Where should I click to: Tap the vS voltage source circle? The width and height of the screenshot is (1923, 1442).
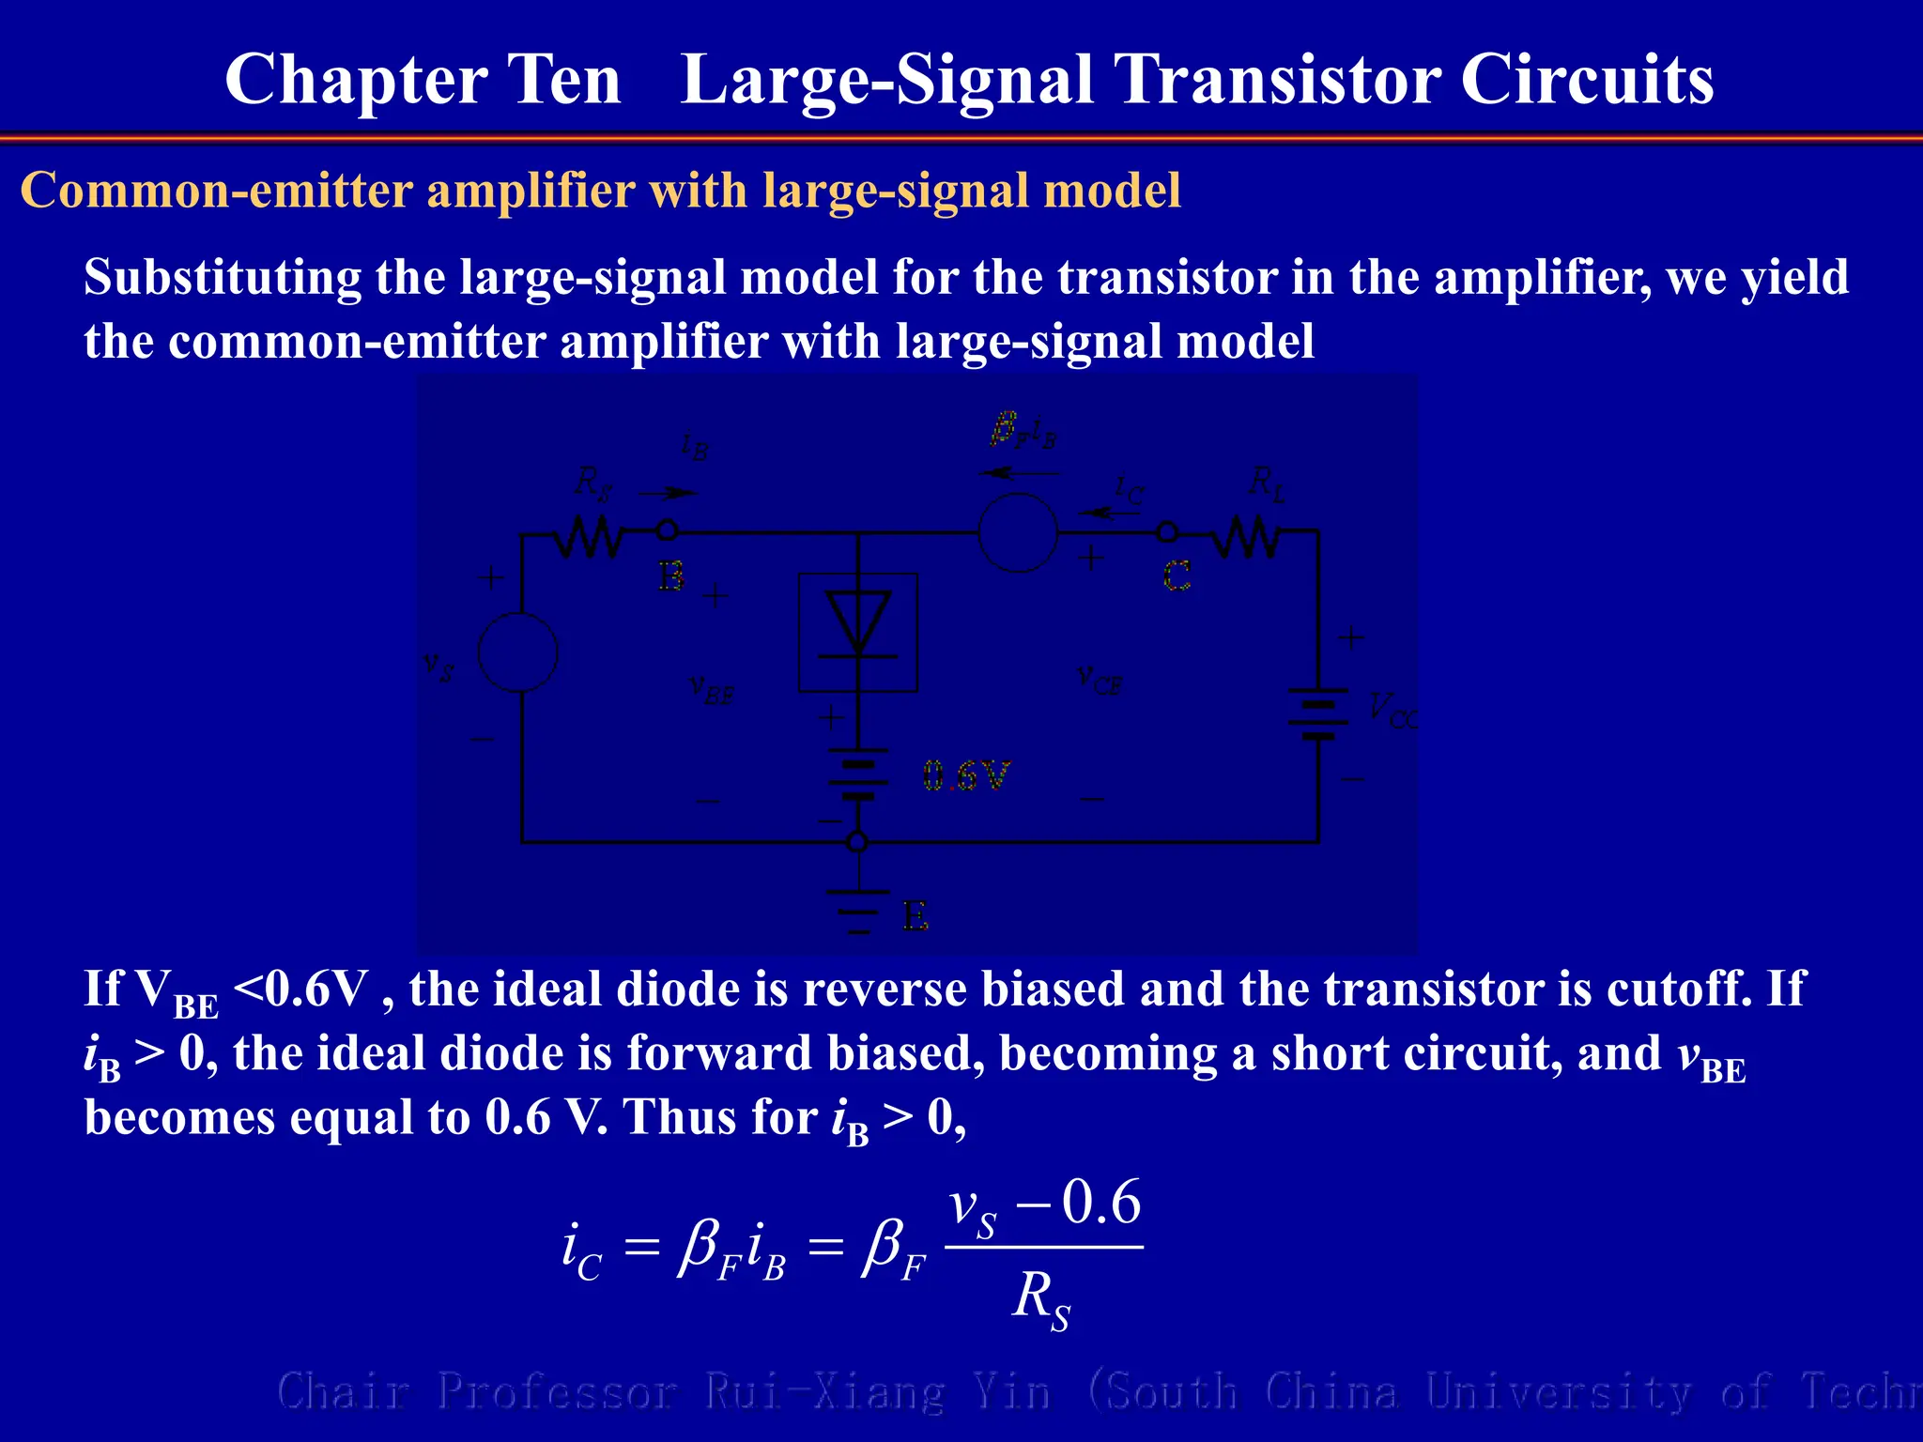pyautogui.click(x=518, y=652)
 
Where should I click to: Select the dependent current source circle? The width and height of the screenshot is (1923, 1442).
pyautogui.click(x=1018, y=532)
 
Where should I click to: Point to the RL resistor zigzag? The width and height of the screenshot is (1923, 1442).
pyautogui.click(x=1248, y=538)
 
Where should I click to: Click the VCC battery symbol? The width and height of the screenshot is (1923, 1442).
pyautogui.click(x=1318, y=713)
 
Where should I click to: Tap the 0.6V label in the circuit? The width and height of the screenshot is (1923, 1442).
pyautogui.click(x=965, y=776)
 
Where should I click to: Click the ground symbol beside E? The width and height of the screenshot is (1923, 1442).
pyautogui.click(x=857, y=909)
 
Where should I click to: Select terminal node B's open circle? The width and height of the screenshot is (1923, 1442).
pyautogui.click(x=667, y=530)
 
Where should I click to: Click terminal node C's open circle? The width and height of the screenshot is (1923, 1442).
pyautogui.click(x=1166, y=532)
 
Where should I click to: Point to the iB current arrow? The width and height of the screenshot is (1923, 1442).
pyautogui.click(x=668, y=493)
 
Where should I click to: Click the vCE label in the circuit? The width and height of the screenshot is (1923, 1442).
pyautogui.click(x=1100, y=678)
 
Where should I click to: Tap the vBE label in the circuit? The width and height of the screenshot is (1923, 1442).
pyautogui.click(x=712, y=689)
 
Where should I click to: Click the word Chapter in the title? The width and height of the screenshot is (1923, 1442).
pyautogui.click(x=354, y=81)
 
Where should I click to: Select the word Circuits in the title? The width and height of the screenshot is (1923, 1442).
pyautogui.click(x=1587, y=79)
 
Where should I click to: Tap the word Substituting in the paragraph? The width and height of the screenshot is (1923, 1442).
pyautogui.click(x=223, y=278)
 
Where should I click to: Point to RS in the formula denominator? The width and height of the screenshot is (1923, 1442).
pyautogui.click(x=1040, y=1301)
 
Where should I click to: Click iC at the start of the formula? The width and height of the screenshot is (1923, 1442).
pyautogui.click(x=580, y=1252)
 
